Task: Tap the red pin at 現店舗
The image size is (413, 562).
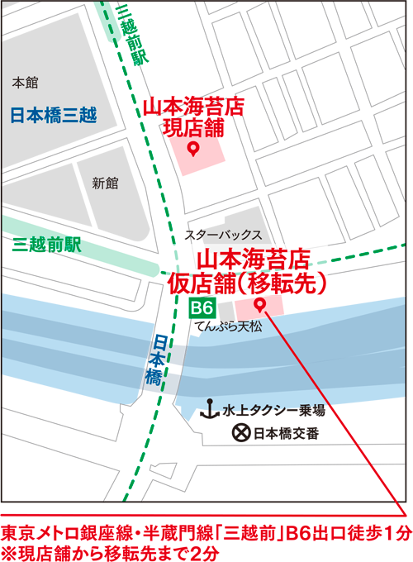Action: (192, 149)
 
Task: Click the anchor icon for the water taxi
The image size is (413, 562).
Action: (210, 408)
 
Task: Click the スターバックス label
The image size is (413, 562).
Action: (223, 235)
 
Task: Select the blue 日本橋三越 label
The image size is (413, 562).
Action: (54, 115)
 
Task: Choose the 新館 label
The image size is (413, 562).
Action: (106, 183)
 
